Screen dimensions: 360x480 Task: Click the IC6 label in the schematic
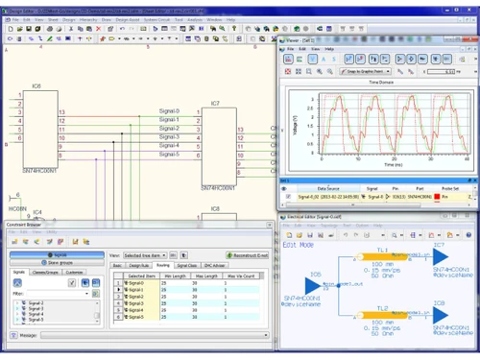pos(36,86)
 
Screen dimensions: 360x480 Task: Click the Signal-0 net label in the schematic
pos(169,111)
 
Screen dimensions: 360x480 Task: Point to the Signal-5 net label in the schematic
pos(169,155)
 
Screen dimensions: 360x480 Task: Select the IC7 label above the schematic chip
pos(215,103)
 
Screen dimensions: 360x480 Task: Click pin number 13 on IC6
pos(62,112)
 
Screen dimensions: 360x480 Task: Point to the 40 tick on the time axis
pos(465,158)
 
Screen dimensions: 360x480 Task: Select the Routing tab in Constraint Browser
pos(163,265)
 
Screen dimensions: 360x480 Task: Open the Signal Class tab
pos(187,265)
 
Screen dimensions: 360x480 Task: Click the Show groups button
pos(59,262)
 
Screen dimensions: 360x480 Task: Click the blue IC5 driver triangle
pos(312,286)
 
